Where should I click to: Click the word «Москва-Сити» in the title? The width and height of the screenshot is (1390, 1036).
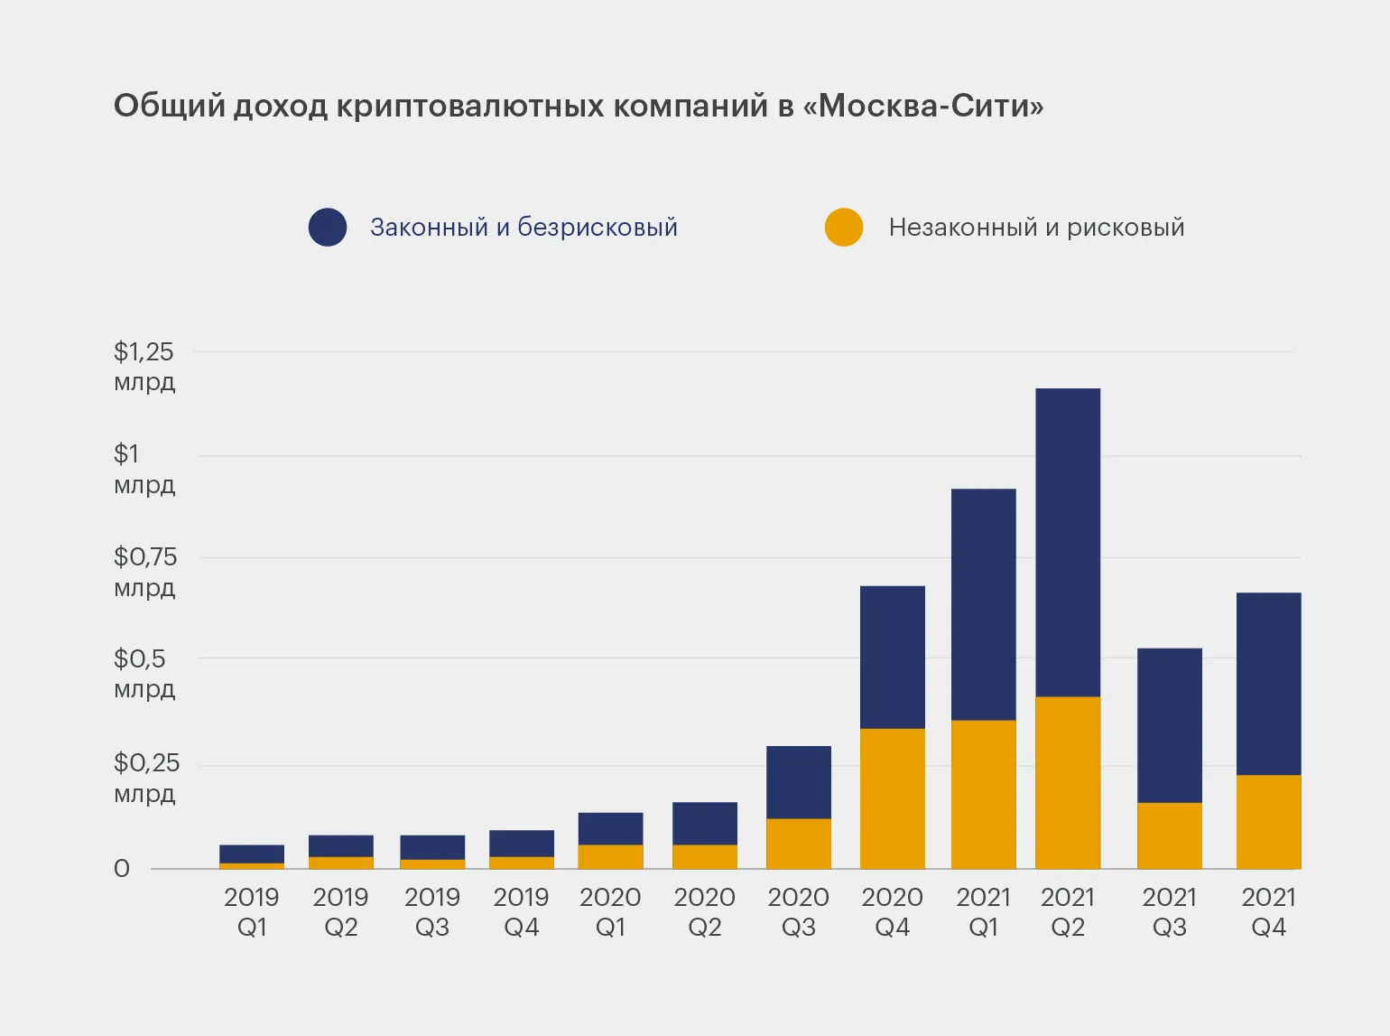pyautogui.click(x=930, y=107)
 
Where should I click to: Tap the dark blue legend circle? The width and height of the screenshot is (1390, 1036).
pyautogui.click(x=328, y=228)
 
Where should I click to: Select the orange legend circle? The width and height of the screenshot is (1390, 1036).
pyautogui.click(x=844, y=228)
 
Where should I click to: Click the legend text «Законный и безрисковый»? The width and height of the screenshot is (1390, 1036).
pyautogui.click(x=524, y=228)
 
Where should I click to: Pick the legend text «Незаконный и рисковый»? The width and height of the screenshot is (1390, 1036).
pyautogui.click(x=1036, y=228)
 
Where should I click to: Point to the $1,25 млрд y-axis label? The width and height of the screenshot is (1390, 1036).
pyautogui.click(x=144, y=366)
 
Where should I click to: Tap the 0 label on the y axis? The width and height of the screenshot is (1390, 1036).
pyautogui.click(x=122, y=869)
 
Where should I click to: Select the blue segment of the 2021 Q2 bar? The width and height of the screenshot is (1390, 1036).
pyautogui.click(x=1068, y=542)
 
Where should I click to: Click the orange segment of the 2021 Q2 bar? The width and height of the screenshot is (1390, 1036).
pyautogui.click(x=1068, y=782)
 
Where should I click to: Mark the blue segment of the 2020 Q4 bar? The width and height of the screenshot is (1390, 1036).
pyautogui.click(x=893, y=657)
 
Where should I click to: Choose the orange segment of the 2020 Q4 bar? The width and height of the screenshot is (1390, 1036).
pyautogui.click(x=893, y=798)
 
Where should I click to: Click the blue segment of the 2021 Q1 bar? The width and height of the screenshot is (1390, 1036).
pyautogui.click(x=984, y=604)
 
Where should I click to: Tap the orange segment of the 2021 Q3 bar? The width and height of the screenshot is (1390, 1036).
pyautogui.click(x=1170, y=835)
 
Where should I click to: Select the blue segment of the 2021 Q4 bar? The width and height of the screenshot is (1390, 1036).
pyautogui.click(x=1268, y=684)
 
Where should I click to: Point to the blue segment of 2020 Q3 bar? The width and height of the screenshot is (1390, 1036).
pyautogui.click(x=799, y=782)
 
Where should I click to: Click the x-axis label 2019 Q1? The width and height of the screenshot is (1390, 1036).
pyautogui.click(x=252, y=912)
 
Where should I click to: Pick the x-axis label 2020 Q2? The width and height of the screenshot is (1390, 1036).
pyautogui.click(x=705, y=912)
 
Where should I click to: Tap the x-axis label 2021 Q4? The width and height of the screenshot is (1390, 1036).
pyautogui.click(x=1268, y=912)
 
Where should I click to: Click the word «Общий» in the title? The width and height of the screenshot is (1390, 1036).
pyautogui.click(x=169, y=107)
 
